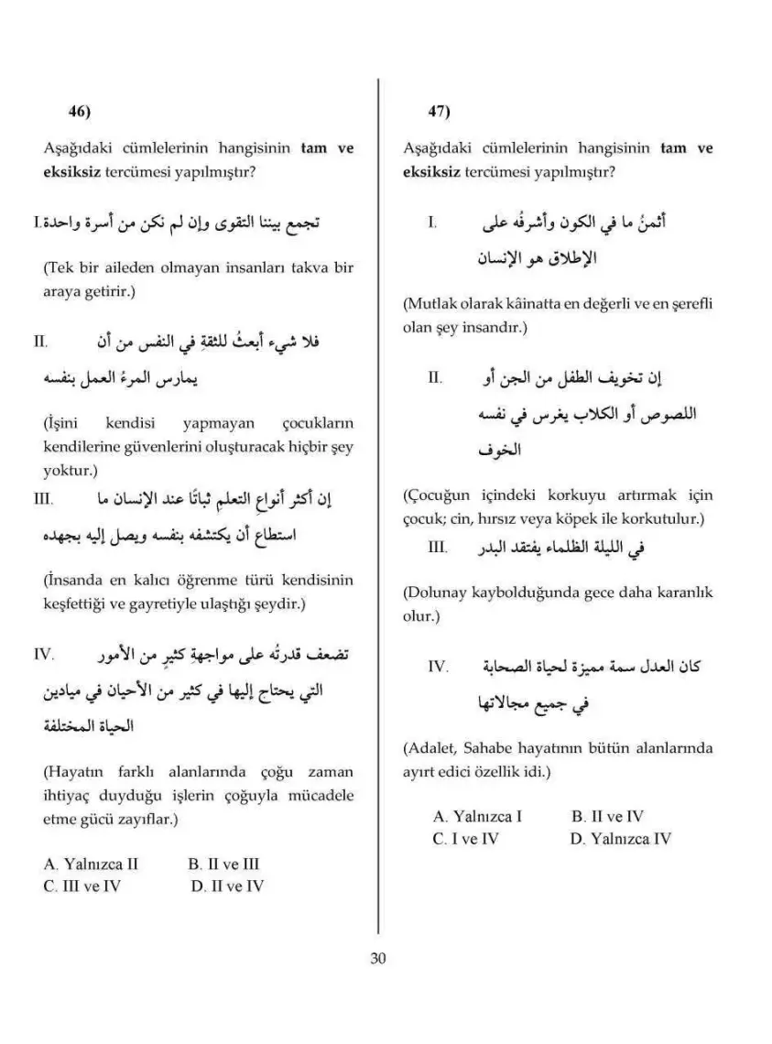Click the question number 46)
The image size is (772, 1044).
coord(80,112)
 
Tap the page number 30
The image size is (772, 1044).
coord(378,959)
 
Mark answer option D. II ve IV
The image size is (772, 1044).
coord(228,886)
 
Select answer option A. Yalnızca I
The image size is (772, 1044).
coord(477,816)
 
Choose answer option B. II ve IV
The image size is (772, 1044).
coord(607,816)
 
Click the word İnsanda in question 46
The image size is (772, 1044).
coord(71,581)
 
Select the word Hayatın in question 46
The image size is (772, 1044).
coord(71,772)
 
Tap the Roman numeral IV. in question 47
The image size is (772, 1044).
coord(438,666)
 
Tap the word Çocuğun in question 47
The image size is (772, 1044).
coord(434,495)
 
